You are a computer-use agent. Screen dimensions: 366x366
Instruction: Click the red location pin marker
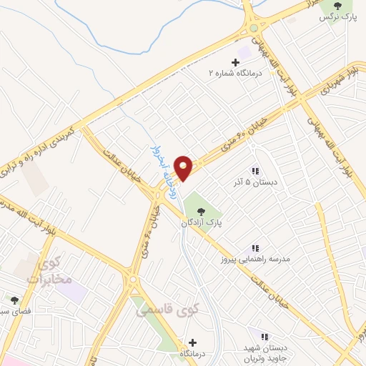point(184,167)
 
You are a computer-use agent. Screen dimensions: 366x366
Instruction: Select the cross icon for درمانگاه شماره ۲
point(236,63)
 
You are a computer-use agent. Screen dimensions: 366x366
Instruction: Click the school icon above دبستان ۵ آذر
point(254,171)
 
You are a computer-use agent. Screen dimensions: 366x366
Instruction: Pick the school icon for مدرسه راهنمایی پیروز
point(254,248)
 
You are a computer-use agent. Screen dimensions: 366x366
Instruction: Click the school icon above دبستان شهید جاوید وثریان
point(264,336)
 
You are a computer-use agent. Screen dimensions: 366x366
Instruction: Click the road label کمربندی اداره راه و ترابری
point(43,151)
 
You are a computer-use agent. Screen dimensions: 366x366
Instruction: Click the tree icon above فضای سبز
point(14,300)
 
